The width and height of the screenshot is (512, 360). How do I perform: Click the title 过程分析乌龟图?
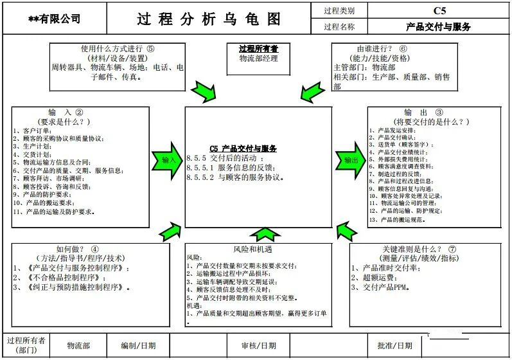[209, 19]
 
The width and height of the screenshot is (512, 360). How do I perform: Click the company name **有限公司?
[55, 19]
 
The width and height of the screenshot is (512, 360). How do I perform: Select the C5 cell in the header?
[439, 10]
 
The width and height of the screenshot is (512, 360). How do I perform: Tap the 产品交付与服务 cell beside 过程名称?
[439, 27]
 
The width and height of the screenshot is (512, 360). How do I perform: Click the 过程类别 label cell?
[339, 10]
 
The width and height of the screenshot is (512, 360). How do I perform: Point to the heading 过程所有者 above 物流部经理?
[258, 49]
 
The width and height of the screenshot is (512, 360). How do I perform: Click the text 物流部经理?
[258, 58]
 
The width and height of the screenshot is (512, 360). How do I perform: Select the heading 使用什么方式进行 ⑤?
[118, 49]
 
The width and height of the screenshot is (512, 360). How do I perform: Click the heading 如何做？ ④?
[78, 249]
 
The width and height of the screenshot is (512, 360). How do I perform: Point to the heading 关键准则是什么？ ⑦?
[418, 249]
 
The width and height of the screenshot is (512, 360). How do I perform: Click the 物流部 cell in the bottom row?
[78, 345]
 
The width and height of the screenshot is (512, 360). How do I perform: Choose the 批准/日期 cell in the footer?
[394, 345]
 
